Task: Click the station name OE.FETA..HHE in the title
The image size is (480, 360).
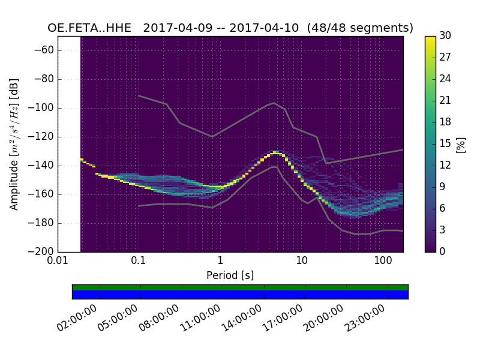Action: [91, 28]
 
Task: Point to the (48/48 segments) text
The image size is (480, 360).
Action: [360, 28]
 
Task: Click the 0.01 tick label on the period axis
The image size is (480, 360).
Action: [58, 261]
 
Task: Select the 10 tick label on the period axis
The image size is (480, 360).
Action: [302, 261]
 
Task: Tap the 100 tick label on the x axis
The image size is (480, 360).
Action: [383, 261]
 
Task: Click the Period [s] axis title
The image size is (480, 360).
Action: [230, 275]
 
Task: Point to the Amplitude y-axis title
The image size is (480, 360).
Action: [14, 144]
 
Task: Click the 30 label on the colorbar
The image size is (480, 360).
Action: [445, 36]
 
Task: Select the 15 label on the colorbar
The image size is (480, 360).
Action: [445, 143]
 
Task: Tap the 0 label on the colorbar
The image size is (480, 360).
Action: [443, 251]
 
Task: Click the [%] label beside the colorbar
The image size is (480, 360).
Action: [461, 144]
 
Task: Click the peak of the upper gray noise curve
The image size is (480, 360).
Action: [274, 103]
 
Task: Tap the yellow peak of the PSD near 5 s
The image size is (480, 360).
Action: [275, 152]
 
